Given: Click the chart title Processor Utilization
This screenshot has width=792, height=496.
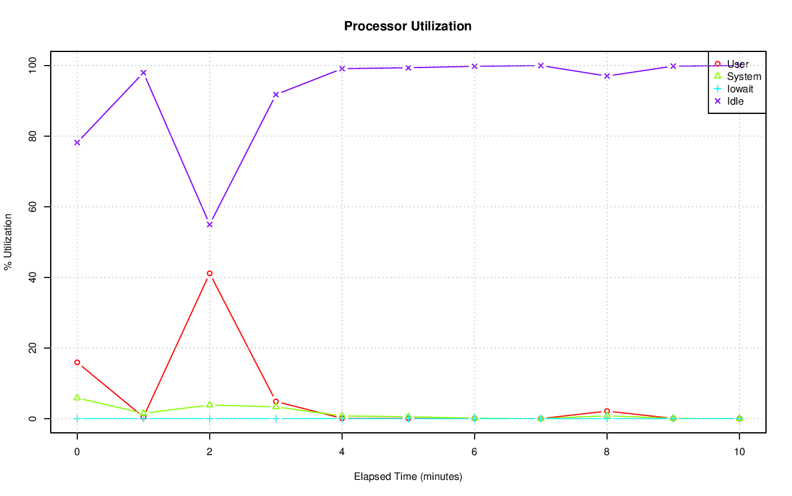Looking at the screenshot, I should click(x=408, y=26).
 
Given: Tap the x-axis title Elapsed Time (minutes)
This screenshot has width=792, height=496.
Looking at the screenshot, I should click(x=408, y=477).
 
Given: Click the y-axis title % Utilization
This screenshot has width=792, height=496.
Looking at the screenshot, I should click(x=8, y=241).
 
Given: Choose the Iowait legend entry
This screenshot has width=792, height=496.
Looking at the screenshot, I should click(x=740, y=89).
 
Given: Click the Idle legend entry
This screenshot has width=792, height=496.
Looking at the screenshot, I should click(x=735, y=101).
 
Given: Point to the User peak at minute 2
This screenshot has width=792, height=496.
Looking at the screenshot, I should click(x=210, y=273).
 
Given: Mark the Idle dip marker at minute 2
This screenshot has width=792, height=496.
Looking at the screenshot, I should click(x=210, y=224).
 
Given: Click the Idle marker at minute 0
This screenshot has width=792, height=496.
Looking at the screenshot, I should click(x=77, y=142).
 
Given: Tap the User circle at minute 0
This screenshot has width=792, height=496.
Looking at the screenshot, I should click(x=77, y=362).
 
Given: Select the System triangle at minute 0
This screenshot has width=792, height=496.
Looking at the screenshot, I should click(x=77, y=398).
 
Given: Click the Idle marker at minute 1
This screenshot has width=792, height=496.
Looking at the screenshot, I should click(x=144, y=72).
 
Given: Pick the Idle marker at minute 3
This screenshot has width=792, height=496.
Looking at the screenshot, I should click(x=276, y=94).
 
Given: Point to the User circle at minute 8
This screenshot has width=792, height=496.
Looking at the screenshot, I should click(x=607, y=411).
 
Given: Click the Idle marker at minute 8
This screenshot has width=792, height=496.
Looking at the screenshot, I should click(x=607, y=76).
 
